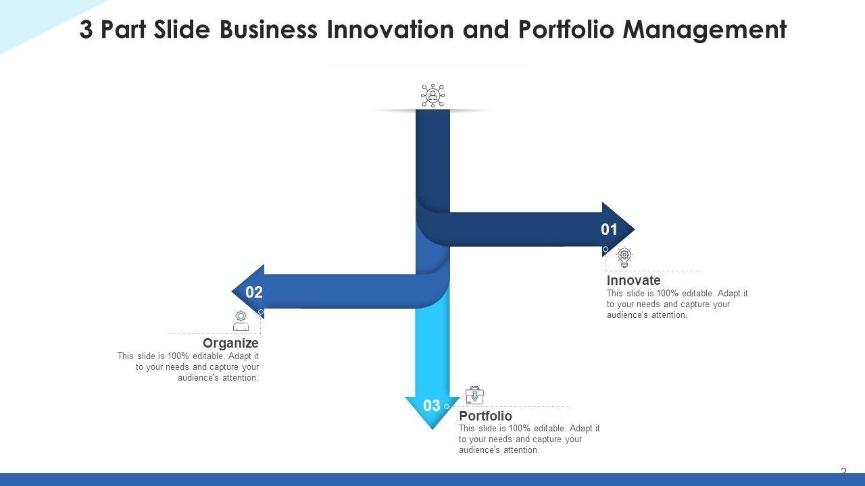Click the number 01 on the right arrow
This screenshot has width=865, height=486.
(x=609, y=230)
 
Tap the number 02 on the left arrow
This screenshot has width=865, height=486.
(x=253, y=292)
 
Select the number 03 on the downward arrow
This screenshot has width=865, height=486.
(x=431, y=406)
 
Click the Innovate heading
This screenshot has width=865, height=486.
(x=633, y=280)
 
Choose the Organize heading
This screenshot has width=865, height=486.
(x=230, y=343)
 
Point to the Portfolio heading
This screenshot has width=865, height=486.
(x=485, y=416)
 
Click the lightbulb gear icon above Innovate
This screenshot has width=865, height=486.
(x=624, y=257)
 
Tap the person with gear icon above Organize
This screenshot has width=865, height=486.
(x=241, y=321)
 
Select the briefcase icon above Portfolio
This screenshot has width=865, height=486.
(x=474, y=395)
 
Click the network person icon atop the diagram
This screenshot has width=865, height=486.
(x=432, y=95)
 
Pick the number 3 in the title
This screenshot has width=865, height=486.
(x=86, y=30)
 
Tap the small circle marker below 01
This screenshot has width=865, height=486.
(x=605, y=249)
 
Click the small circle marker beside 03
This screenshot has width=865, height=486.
(x=447, y=406)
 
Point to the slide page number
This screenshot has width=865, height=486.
(x=843, y=472)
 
